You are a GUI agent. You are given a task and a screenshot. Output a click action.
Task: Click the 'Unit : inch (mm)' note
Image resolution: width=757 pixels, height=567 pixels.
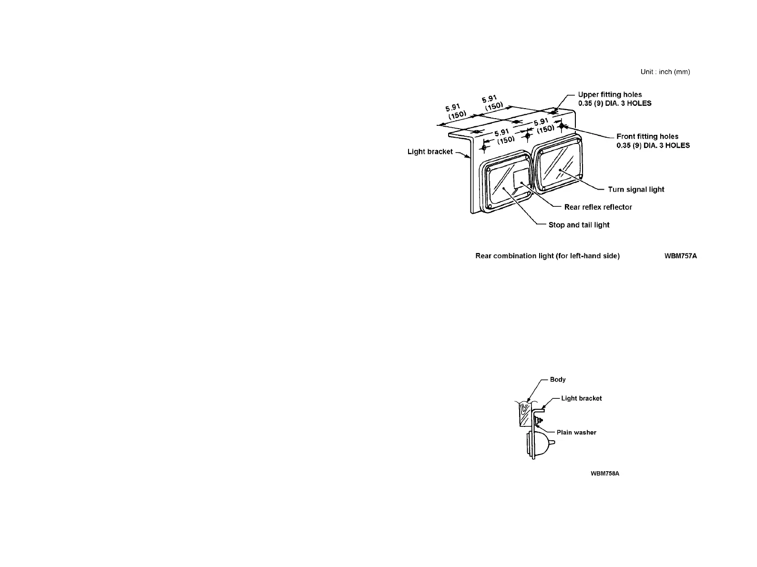(665, 72)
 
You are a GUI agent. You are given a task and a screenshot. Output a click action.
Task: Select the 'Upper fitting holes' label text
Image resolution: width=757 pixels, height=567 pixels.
(610, 94)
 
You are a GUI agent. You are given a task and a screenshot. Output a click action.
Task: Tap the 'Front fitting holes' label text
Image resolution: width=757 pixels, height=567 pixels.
(647, 136)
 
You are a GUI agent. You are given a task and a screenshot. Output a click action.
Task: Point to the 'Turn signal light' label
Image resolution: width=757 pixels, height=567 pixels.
(636, 190)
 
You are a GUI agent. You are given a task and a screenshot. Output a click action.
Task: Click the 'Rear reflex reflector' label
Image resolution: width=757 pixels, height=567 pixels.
(598, 207)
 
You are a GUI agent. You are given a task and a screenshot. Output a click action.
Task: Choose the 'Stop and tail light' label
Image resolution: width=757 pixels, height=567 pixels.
(579, 225)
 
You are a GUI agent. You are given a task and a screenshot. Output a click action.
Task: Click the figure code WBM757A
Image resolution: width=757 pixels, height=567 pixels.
(681, 256)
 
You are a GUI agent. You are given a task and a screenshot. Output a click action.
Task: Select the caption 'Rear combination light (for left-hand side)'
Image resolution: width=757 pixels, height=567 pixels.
(547, 256)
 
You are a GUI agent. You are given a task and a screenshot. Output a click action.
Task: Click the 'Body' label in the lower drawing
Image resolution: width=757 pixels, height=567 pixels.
(558, 380)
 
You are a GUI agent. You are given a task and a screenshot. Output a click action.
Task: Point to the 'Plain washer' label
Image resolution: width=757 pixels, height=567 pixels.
(576, 433)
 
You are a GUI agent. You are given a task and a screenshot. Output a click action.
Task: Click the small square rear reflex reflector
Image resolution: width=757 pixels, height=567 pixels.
(521, 177)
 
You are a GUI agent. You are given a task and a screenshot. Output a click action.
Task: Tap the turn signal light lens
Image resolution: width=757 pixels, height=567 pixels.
(558, 166)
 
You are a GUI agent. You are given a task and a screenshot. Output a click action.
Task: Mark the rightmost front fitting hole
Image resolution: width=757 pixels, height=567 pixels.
(562, 126)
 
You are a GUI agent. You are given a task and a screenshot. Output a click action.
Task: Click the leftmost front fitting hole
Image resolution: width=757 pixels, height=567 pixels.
(483, 148)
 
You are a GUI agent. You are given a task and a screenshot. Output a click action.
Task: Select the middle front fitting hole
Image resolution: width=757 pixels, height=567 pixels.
(527, 136)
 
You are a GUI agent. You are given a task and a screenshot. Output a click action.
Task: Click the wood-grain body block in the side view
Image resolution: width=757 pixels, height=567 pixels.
(525, 414)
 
